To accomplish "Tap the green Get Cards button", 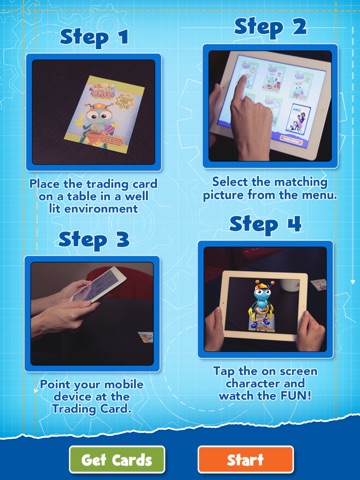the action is tap(117, 460).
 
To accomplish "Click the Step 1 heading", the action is tap(94, 37).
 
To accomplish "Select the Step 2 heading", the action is tap(270, 27).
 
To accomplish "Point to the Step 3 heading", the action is tap(94, 240).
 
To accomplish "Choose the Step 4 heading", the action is tap(265, 224).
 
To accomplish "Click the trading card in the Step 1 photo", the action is tap(104, 114).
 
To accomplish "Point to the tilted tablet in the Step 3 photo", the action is tap(99, 284).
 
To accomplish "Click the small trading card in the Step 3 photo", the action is tap(146, 337).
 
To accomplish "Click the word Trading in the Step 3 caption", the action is tap(74, 409).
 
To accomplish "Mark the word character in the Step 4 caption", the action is tap(265, 384).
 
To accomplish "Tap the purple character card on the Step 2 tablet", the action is tap(299, 118).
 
